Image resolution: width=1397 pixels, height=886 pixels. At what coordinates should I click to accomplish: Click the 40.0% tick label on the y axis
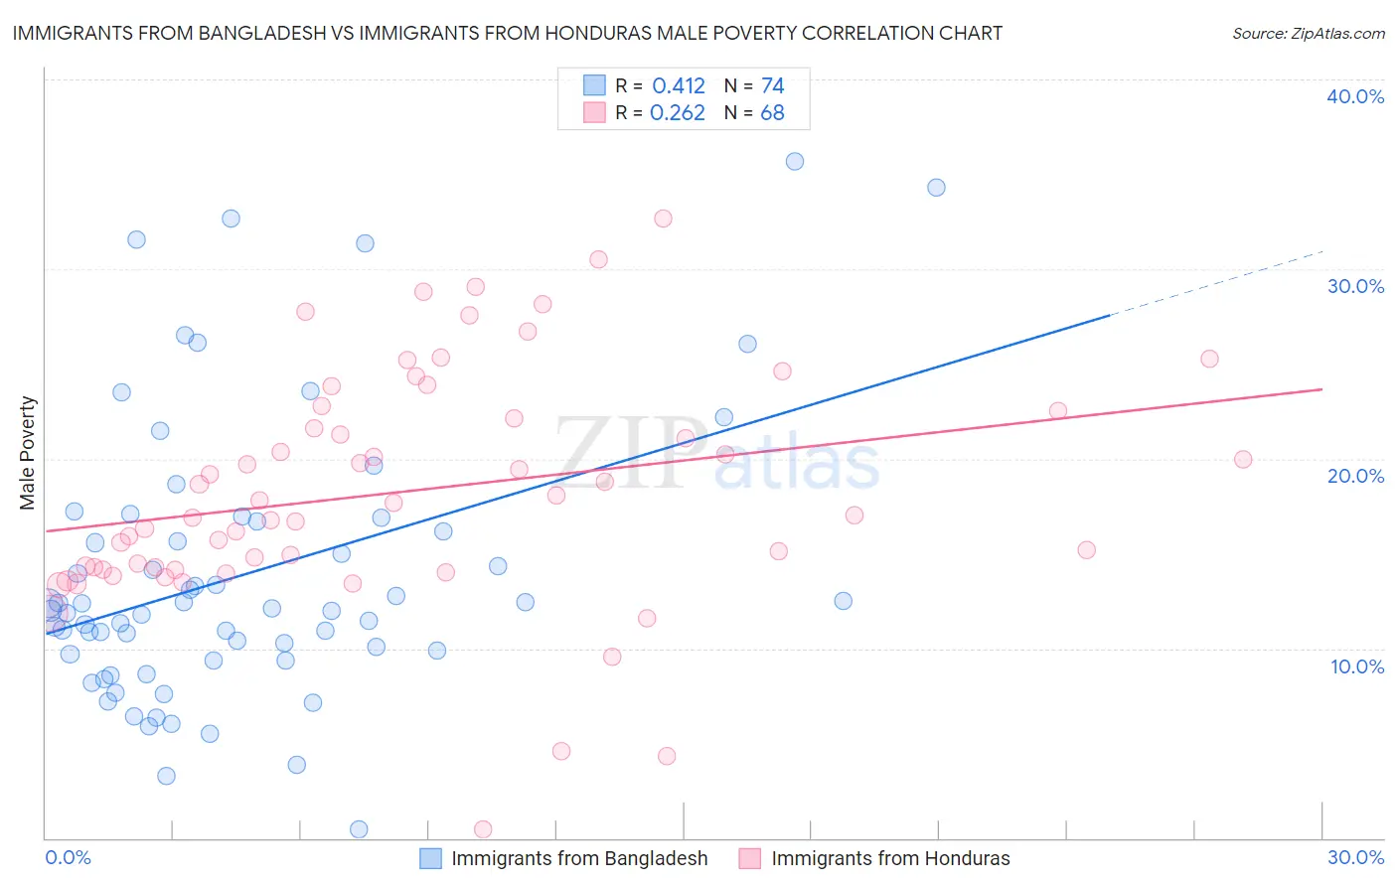(1354, 96)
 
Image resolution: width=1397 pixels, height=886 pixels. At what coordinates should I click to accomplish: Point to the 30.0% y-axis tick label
(1354, 286)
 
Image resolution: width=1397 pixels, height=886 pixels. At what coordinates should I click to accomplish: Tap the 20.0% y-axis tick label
(1354, 476)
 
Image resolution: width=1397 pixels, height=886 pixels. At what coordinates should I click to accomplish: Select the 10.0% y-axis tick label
(1356, 666)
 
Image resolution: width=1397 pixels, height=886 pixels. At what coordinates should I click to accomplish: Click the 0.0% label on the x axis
(68, 857)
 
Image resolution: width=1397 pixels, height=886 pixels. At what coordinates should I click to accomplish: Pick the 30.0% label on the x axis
(1355, 857)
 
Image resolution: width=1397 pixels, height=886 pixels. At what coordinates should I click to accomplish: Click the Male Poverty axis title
(28, 453)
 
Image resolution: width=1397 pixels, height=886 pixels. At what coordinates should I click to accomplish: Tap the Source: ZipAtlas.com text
(1308, 33)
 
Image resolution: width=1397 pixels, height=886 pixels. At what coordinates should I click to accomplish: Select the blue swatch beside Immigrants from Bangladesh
(430, 858)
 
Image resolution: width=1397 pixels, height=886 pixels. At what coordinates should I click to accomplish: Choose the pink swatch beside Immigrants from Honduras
(750, 858)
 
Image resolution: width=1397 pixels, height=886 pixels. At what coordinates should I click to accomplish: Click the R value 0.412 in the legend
(679, 86)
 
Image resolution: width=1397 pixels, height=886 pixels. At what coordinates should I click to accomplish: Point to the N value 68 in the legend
(772, 113)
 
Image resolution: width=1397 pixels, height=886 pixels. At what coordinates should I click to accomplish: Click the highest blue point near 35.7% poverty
(795, 161)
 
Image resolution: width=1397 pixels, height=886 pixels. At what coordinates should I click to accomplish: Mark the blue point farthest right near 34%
(936, 188)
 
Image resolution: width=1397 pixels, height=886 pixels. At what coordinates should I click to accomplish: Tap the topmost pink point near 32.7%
(663, 219)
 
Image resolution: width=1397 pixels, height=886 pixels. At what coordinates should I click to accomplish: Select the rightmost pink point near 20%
(1243, 459)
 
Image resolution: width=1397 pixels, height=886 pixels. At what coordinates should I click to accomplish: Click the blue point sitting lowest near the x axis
(359, 829)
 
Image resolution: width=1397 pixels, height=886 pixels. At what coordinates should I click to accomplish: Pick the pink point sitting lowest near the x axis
(483, 829)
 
